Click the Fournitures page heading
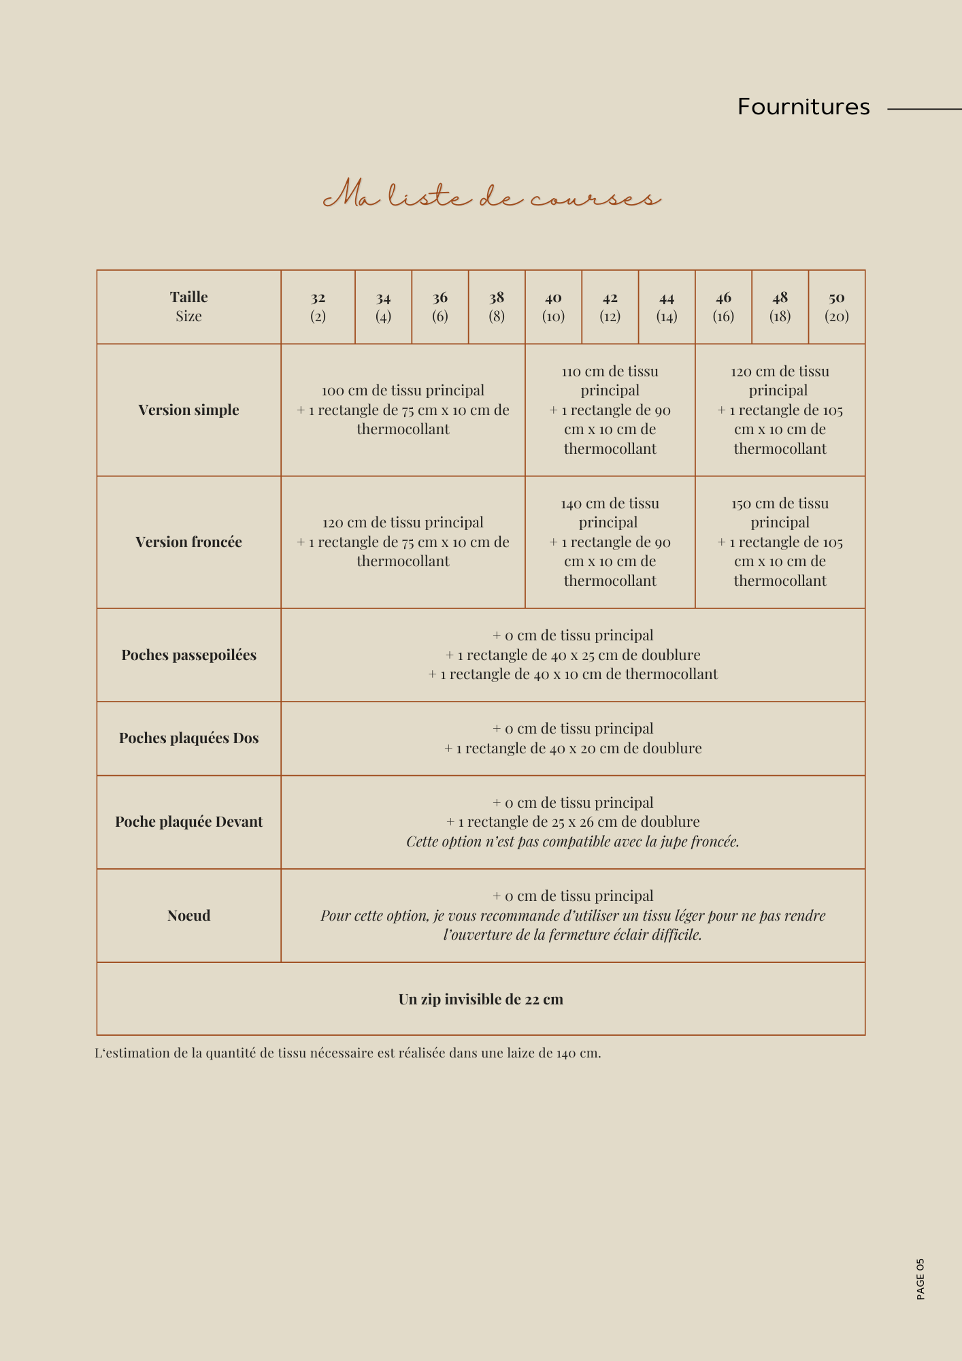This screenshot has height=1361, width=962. pos(803,107)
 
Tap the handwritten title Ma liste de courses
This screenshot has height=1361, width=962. pos(491,195)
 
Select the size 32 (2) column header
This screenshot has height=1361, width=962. pos(318,307)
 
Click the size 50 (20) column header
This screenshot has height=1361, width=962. pos(836,307)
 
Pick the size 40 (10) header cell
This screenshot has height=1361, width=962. pos(553,307)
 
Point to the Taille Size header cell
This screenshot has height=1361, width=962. pos(188,307)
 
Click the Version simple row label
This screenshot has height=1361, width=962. pos(188,410)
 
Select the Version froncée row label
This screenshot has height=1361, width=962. pos(188,542)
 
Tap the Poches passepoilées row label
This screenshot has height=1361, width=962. pos(188,655)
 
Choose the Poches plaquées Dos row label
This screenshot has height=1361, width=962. pos(188,738)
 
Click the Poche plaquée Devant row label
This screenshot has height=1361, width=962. pos(188,822)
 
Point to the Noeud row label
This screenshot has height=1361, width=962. pos(188,915)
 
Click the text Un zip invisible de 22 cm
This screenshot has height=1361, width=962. pos(481,999)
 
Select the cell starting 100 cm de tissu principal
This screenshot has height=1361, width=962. pos(403,410)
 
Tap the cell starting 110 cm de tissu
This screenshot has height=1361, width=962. pos(610,410)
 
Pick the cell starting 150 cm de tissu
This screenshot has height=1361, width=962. pos(780,542)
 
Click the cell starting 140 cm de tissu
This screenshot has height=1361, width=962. pos(610,542)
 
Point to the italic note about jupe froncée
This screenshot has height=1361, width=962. pos(572,842)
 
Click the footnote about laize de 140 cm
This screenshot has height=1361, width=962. pos(348,1053)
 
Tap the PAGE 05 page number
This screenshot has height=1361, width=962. pos(920,1279)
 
